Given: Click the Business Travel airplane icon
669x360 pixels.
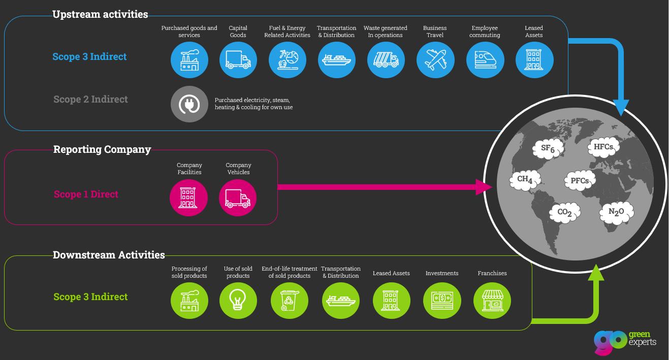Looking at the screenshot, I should click(x=435, y=60).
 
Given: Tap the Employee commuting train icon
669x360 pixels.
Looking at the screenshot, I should click(x=485, y=60).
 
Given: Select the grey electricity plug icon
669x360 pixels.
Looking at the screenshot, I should click(x=189, y=105).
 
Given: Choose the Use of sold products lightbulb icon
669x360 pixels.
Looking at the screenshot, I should click(x=238, y=300).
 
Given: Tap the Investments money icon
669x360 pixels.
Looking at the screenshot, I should click(x=442, y=300).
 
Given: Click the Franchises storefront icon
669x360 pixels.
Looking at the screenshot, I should click(x=492, y=300).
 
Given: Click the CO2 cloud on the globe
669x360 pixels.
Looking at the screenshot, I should click(x=565, y=212).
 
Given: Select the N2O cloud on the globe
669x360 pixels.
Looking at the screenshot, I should click(x=616, y=212).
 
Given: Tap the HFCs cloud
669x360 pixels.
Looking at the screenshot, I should click(x=603, y=147).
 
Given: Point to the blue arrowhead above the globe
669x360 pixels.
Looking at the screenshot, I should click(x=621, y=107).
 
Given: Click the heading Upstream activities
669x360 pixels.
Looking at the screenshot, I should click(x=100, y=14).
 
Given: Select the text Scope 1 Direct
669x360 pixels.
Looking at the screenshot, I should click(x=86, y=194).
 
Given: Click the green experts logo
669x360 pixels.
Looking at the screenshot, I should click(x=624, y=341).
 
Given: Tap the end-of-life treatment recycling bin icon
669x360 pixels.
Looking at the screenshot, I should click(x=289, y=300).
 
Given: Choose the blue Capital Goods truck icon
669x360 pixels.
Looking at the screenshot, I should click(x=238, y=60).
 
